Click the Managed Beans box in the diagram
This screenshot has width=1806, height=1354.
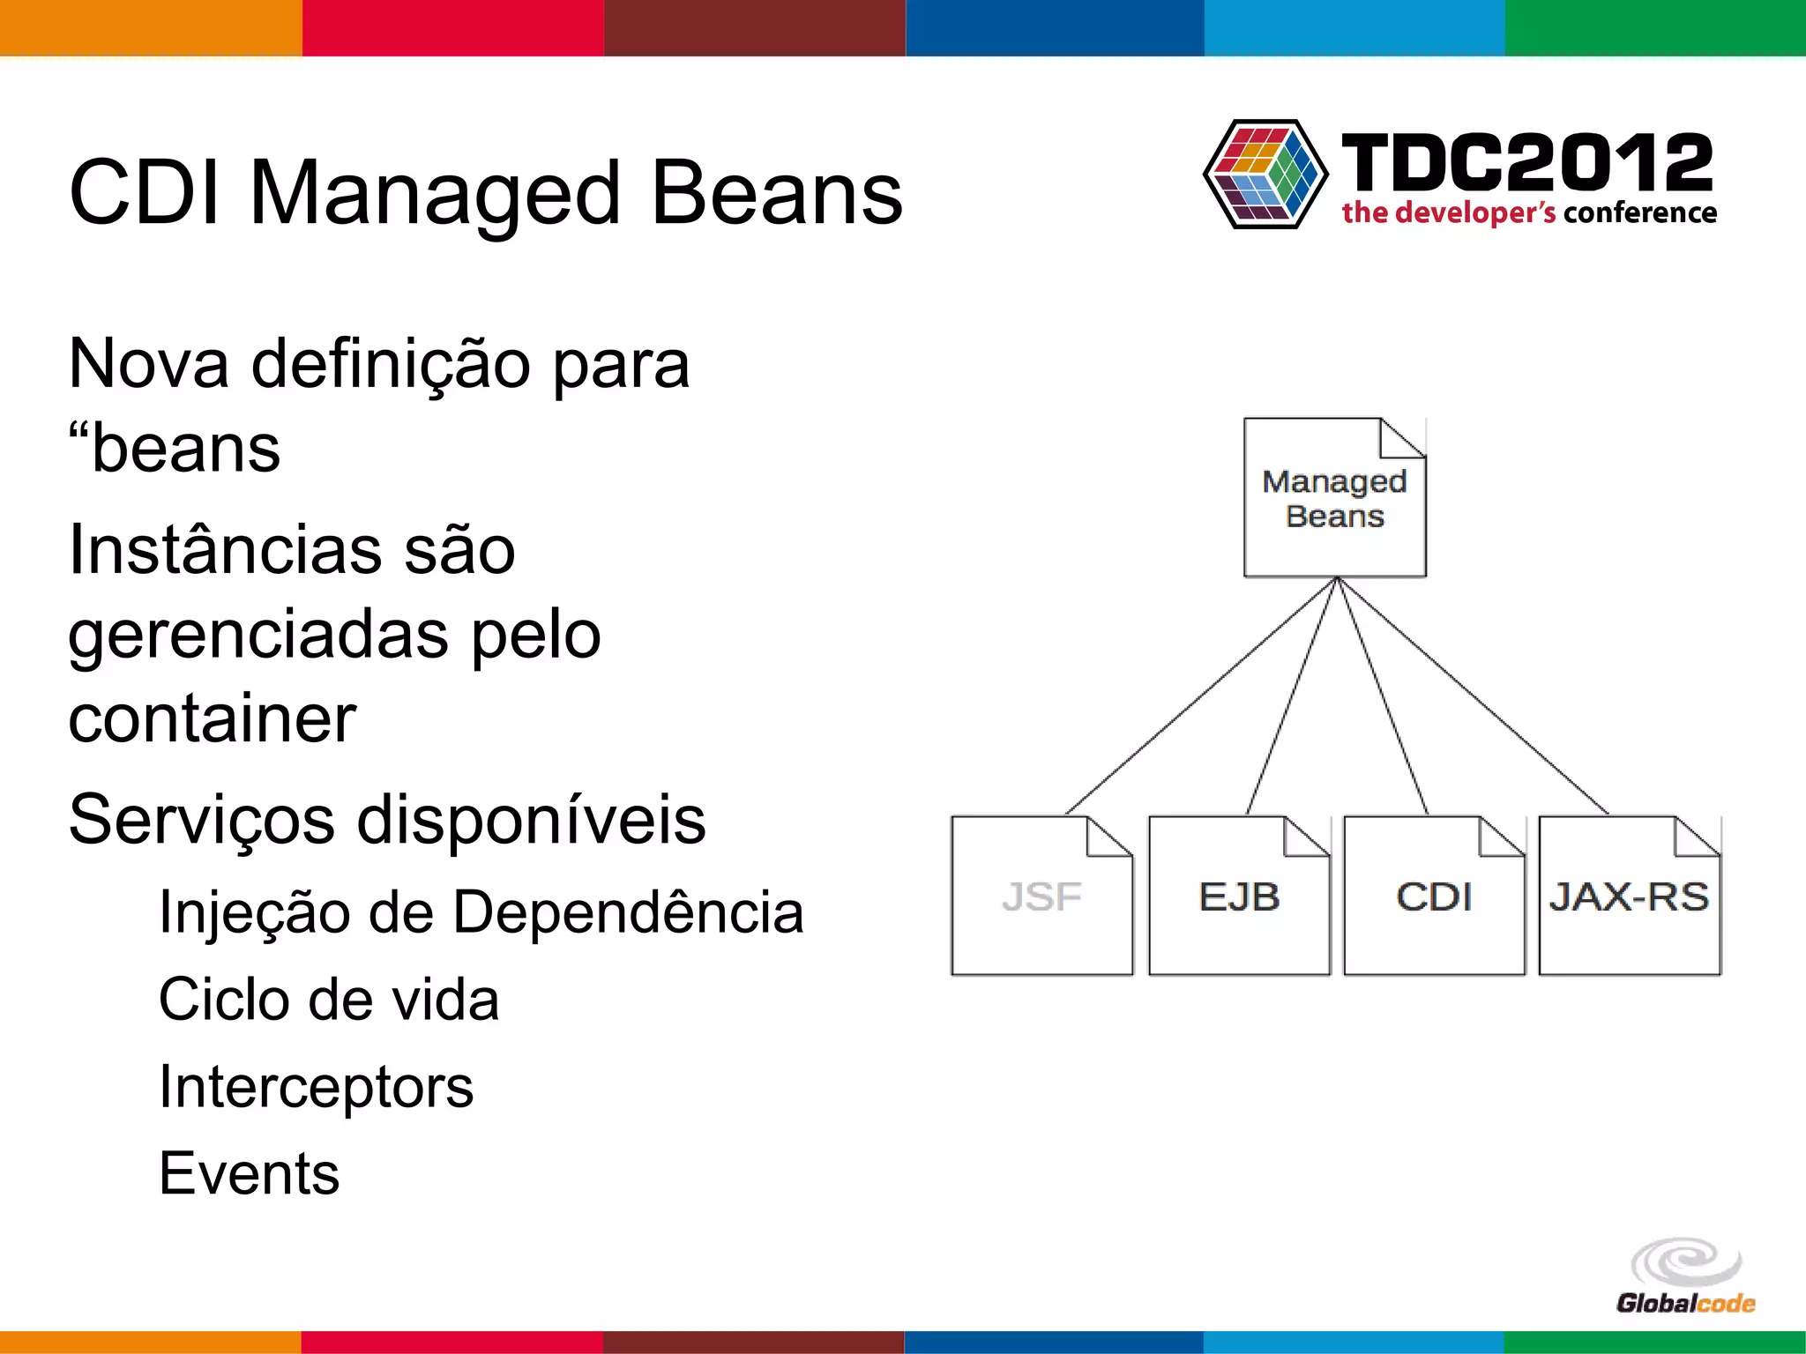(x=1334, y=498)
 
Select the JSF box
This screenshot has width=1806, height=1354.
(x=1041, y=896)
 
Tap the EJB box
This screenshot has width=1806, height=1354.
(x=1239, y=896)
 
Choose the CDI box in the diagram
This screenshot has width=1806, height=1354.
(x=1434, y=896)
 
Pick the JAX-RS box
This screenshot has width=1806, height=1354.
(x=1630, y=896)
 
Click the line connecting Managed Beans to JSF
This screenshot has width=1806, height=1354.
(x=1201, y=696)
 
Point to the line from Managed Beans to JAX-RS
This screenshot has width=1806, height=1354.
(x=1473, y=696)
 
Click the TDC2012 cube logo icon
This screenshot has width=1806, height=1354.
(x=1265, y=174)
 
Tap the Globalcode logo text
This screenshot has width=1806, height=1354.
(x=1685, y=1303)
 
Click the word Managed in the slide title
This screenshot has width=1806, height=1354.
(x=436, y=193)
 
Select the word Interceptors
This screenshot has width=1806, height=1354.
(x=316, y=1087)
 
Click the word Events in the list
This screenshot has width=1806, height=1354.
(x=250, y=1173)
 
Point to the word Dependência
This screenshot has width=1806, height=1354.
(x=628, y=911)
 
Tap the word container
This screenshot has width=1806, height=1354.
(x=213, y=718)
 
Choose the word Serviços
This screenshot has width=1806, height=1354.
(x=201, y=820)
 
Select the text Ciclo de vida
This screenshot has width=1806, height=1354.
(x=329, y=1000)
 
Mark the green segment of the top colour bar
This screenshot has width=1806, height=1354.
(x=1655, y=27)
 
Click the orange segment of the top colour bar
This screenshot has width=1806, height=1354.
(x=151, y=27)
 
